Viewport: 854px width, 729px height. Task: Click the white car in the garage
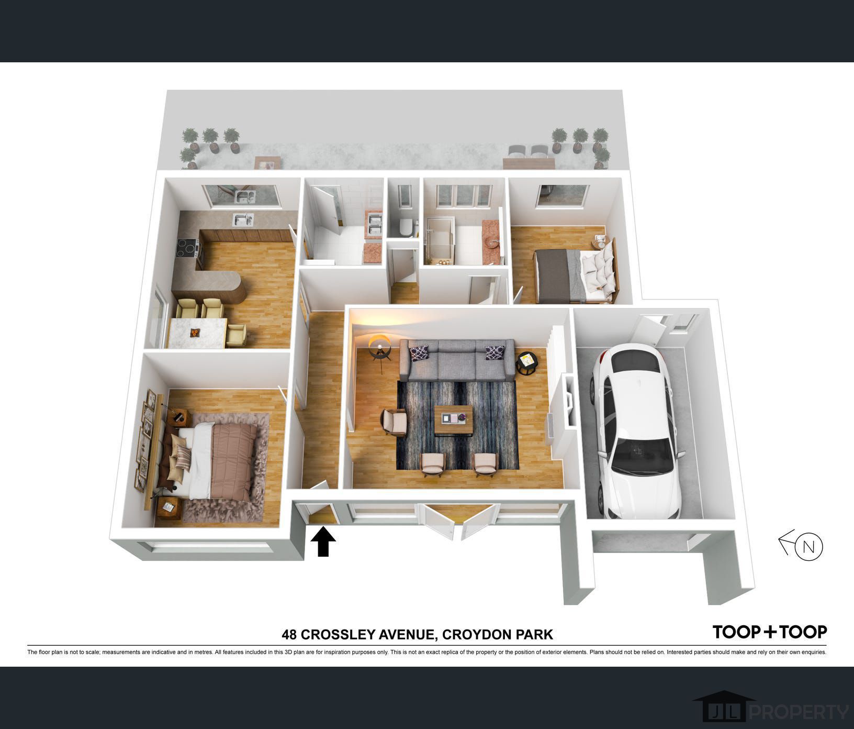[x=636, y=432]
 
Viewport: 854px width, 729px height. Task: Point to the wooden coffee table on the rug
[x=453, y=419]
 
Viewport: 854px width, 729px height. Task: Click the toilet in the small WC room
[x=405, y=227]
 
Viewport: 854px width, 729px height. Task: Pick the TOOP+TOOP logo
[x=770, y=632]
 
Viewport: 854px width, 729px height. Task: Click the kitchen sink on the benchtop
[x=242, y=218]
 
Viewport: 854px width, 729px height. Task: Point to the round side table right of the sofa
[x=527, y=362]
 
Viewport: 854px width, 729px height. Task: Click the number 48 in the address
[x=289, y=635]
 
